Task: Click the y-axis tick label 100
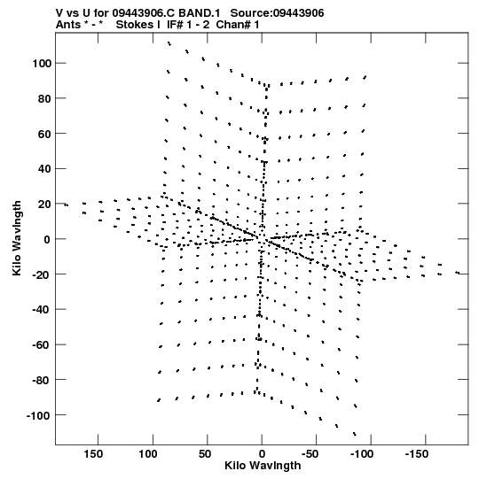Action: coord(41,64)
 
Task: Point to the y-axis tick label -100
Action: coord(38,415)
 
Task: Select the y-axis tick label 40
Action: coord(43,169)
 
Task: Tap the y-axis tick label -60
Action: coord(41,345)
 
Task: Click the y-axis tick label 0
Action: coord(46,239)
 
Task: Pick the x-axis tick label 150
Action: coord(93,454)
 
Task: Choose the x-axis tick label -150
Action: coord(416,454)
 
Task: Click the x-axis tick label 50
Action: coord(205,454)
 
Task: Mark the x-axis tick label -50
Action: coord(310,454)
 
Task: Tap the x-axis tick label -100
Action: coord(362,454)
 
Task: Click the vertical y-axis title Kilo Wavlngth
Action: coord(17,238)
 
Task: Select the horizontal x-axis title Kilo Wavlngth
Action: coord(263,466)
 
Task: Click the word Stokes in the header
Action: coord(135,25)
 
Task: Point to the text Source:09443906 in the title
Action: coord(277,13)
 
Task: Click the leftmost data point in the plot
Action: coord(67,205)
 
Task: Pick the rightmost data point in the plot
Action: coord(458,273)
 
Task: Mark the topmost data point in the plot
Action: coord(169,43)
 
